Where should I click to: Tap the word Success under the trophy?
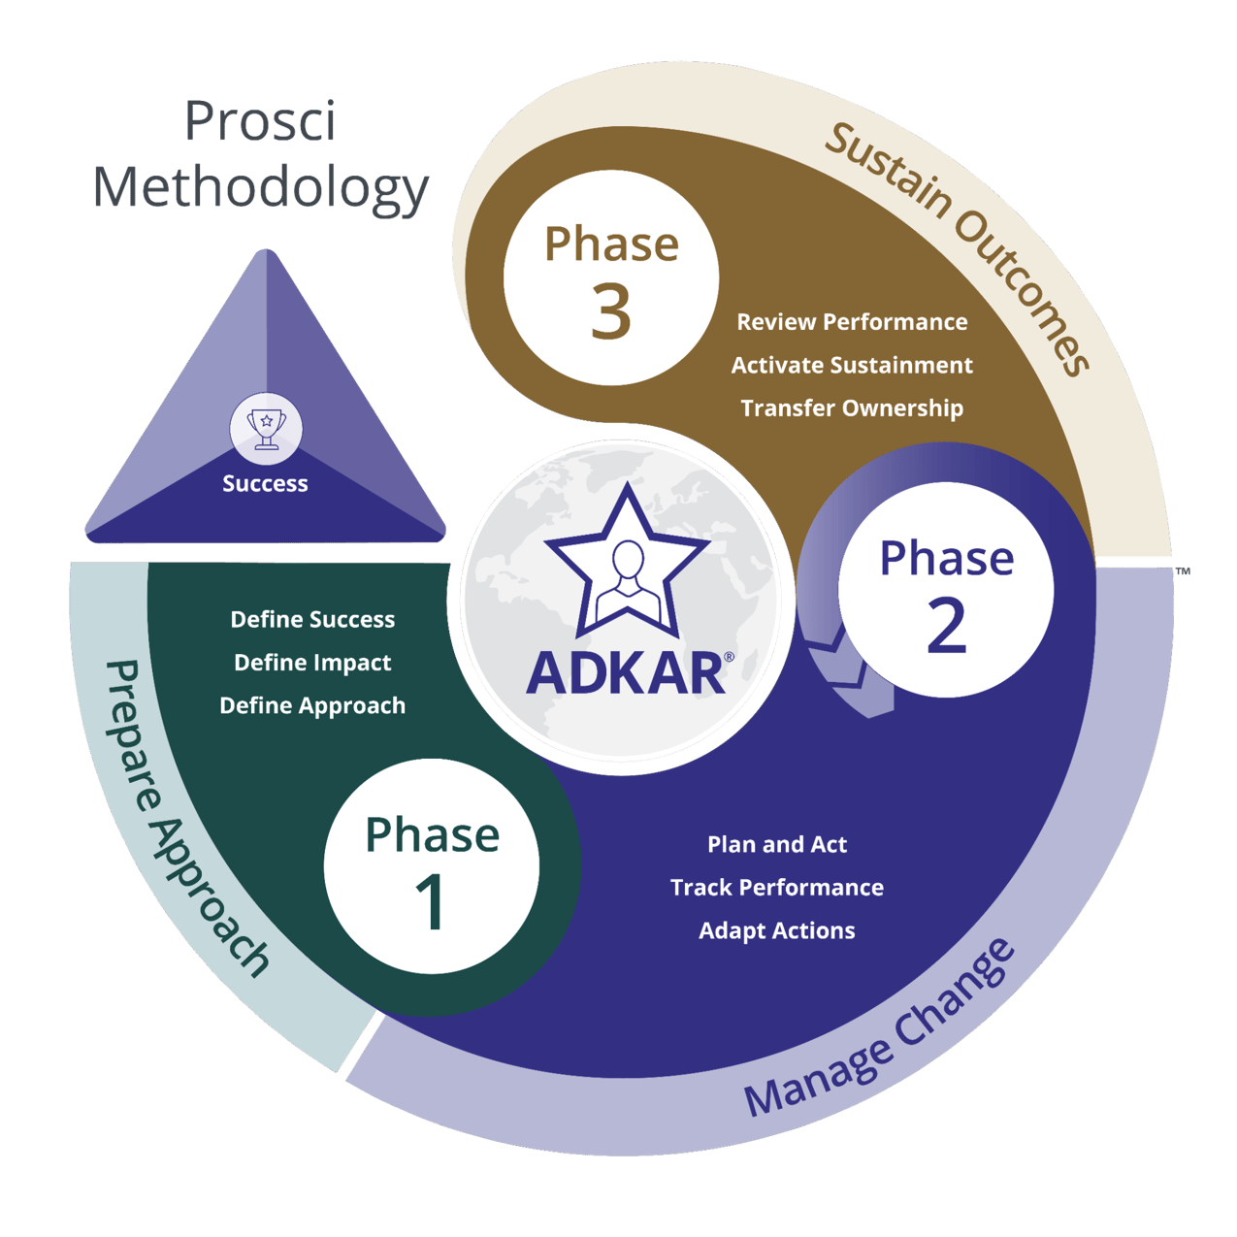(x=265, y=483)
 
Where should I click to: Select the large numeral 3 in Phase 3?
(x=610, y=312)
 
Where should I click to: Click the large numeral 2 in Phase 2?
(x=946, y=626)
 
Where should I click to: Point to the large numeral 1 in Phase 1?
(x=431, y=903)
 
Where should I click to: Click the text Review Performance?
(x=852, y=322)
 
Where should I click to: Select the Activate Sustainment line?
(x=852, y=366)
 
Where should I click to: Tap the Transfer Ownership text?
(x=852, y=408)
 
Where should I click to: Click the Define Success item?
(x=312, y=620)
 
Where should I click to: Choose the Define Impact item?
(x=312, y=663)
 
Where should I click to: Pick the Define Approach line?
(x=312, y=706)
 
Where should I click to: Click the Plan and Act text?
(x=777, y=845)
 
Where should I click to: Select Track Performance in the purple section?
(x=777, y=888)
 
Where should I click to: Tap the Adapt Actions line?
(x=777, y=931)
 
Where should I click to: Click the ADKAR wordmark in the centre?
(x=626, y=673)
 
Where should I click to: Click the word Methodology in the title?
(x=261, y=187)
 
